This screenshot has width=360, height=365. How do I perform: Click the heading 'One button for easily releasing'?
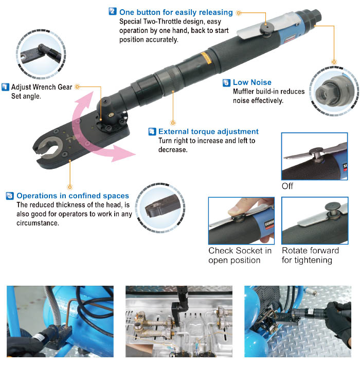[x=176, y=12]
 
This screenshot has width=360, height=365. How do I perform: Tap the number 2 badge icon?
[x=113, y=11]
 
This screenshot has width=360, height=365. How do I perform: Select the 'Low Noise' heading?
[x=252, y=82]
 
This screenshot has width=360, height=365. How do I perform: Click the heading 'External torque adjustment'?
[x=208, y=132]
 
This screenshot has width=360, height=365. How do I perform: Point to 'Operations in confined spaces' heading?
[x=73, y=196]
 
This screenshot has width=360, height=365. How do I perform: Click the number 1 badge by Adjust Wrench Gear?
[x=5, y=87]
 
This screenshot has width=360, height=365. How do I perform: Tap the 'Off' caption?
[x=287, y=186]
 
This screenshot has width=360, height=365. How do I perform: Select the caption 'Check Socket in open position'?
[x=240, y=255]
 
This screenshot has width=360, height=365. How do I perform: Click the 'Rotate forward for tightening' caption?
[x=310, y=255]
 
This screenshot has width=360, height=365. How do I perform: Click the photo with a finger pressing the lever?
[x=240, y=220]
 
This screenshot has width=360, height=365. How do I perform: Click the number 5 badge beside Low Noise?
[x=226, y=83]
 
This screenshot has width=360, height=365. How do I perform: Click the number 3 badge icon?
[x=10, y=196]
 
